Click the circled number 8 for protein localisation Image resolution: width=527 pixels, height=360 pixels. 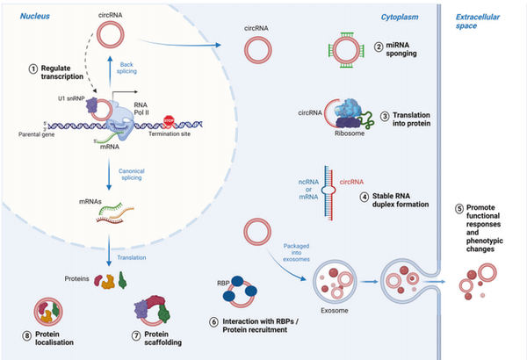(x=32, y=335)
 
